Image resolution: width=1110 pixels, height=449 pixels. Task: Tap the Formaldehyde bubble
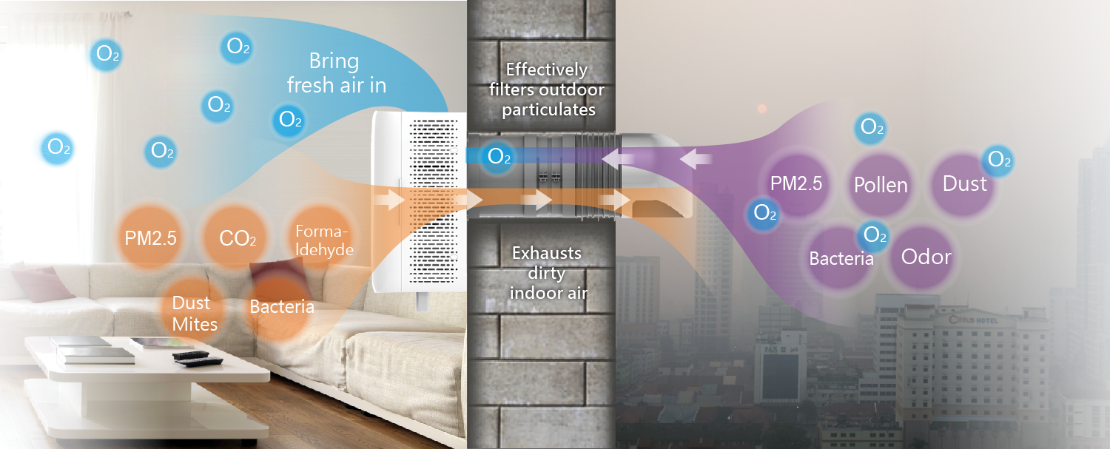coord(323,239)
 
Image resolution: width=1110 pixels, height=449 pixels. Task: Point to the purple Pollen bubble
coord(881,184)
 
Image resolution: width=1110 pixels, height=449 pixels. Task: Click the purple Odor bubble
coord(926,257)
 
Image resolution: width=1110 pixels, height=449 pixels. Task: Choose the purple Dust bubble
coord(964,183)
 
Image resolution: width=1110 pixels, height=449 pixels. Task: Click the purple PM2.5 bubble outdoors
coord(795,183)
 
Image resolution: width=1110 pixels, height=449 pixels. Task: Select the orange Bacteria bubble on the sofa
coord(281,306)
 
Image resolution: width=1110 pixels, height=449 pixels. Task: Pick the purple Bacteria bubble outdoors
coord(841,259)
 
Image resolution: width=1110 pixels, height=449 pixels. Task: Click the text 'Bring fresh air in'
coord(336,72)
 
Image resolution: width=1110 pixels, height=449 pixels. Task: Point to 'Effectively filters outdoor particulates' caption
coord(546,90)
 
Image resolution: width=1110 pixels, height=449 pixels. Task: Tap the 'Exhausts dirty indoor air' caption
coord(548,273)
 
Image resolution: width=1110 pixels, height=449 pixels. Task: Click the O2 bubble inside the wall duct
coord(498,157)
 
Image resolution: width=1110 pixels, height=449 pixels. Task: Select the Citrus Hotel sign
coord(974,320)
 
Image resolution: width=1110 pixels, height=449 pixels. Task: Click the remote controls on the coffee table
coord(196,359)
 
